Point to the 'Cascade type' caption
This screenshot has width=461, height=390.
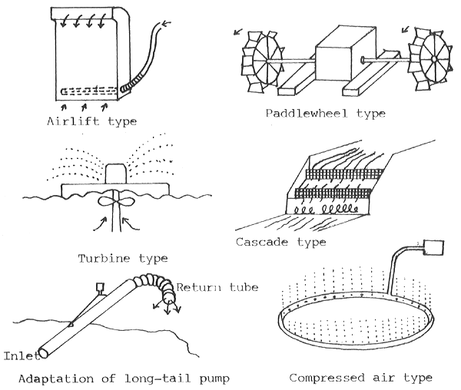(x=280, y=242)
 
